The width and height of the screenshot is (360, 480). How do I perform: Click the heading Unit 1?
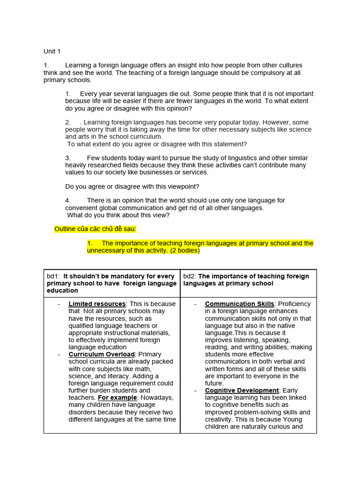pos(52,51)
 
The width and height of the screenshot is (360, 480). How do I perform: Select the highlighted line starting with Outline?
pos(96,229)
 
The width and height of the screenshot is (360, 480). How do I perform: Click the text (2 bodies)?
pos(184,250)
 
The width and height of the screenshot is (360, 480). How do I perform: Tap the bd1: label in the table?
pos(53,276)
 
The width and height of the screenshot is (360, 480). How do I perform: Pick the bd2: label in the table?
pos(190,276)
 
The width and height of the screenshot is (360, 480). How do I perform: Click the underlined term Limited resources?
pos(97,304)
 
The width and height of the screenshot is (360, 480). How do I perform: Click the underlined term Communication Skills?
pos(240,304)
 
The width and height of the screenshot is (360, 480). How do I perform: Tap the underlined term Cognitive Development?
pos(242,390)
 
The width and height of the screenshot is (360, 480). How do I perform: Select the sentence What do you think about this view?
pos(118,215)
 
